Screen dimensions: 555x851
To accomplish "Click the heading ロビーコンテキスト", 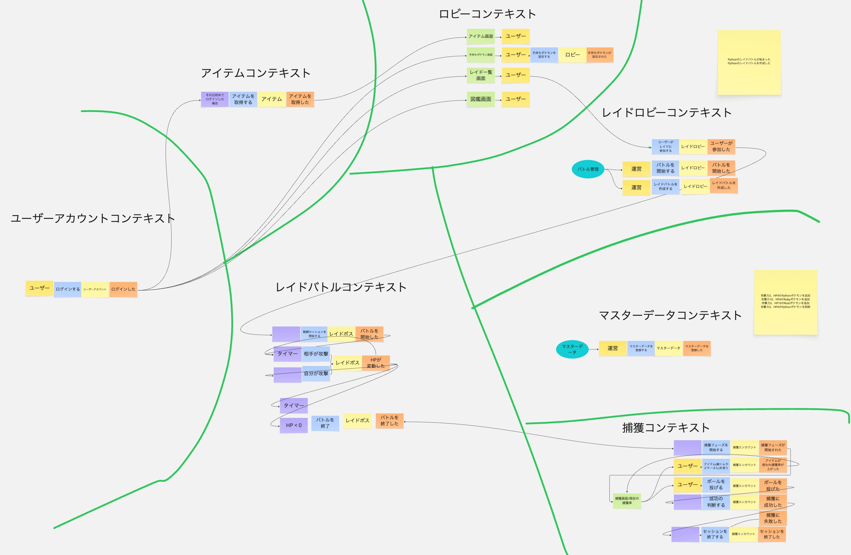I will pos(487,14).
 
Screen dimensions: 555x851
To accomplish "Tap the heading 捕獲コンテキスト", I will pos(665,428).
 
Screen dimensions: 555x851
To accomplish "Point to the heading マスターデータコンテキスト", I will pos(670,315).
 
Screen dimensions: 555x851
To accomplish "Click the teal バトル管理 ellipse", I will pos(588,169).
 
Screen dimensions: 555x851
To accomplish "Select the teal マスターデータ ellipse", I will pos(572,349).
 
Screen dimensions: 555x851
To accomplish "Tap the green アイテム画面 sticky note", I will pos(481,36).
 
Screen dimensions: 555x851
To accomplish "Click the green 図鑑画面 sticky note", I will pos(481,99).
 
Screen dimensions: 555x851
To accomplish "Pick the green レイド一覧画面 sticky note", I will pos(481,75).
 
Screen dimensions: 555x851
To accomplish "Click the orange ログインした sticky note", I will pos(123,289).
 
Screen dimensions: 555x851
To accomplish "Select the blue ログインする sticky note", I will pos(68,289).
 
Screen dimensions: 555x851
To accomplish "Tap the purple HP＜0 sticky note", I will pos(294,425).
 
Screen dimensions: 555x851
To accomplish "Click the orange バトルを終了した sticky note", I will pos(389,421).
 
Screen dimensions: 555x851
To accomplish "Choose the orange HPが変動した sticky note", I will pos(375,363).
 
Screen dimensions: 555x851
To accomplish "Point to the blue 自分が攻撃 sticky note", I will pos(316,374).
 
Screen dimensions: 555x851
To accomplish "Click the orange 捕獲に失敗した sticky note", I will pos(773,518).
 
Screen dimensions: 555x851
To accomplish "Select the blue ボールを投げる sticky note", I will pos(716,485).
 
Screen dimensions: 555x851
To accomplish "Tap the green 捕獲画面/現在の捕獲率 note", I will pos(627,501).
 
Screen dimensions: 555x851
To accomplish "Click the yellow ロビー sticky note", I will pos(572,55).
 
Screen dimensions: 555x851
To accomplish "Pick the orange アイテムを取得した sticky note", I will pos(300,99).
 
